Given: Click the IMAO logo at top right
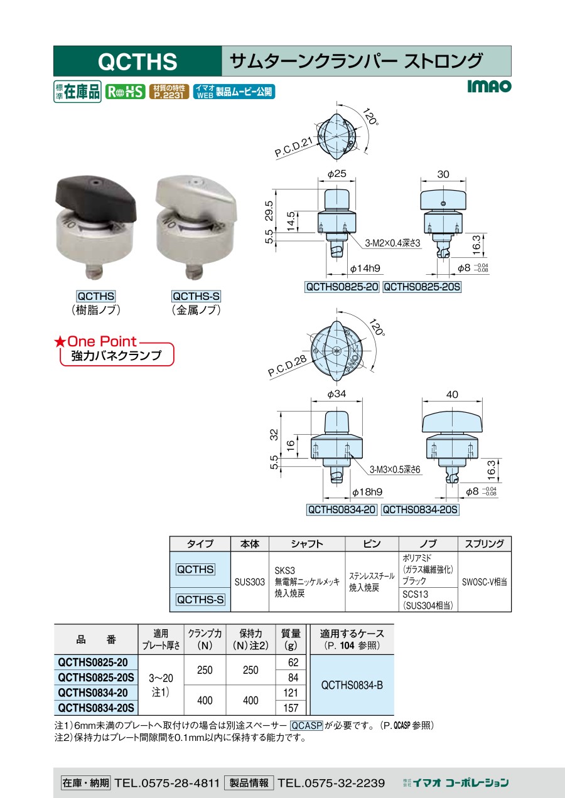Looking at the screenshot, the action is pos(489,86).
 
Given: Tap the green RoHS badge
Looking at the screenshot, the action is pos(125,92).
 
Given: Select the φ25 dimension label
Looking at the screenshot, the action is pos(337,174).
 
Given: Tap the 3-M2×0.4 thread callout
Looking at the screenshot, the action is pos(392,243).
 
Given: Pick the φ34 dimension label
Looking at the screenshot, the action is pos(336,394).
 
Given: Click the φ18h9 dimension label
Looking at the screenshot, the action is pos(367,492).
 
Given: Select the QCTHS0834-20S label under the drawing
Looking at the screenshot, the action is pos(420,510).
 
